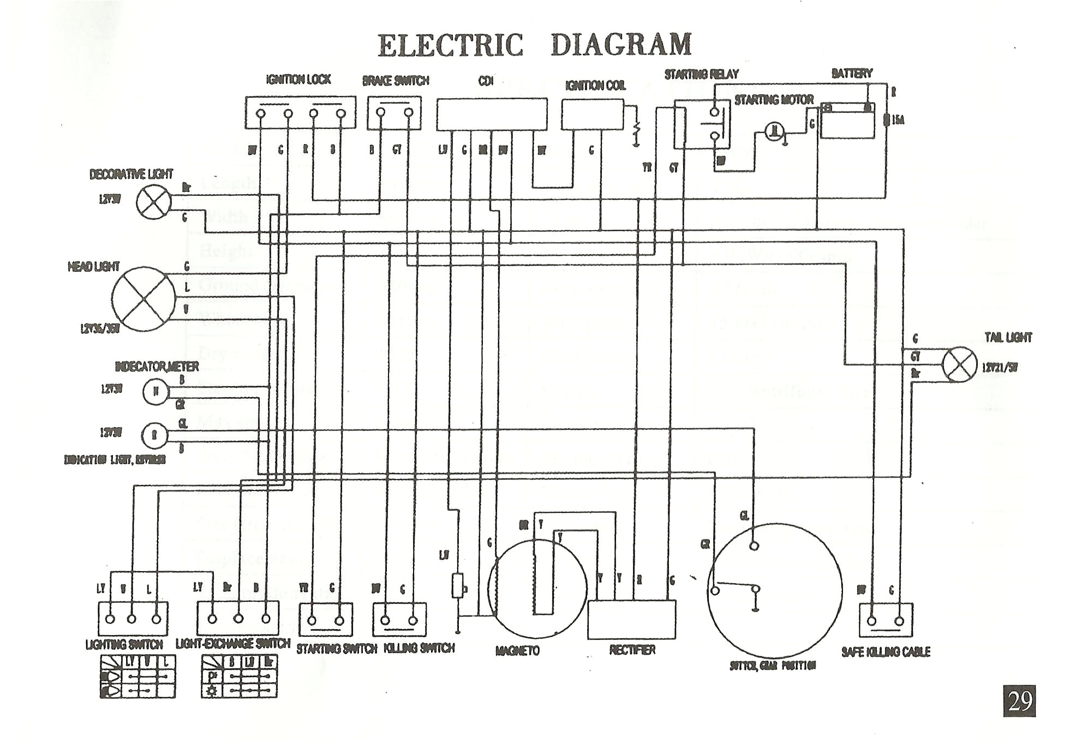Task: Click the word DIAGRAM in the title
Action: pyautogui.click(x=621, y=45)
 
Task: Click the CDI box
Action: pyautogui.click(x=491, y=114)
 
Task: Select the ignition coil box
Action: pyautogui.click(x=592, y=115)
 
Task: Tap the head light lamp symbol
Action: pyautogui.click(x=144, y=299)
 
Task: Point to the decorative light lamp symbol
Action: pyautogui.click(x=153, y=202)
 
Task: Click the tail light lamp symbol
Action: pyautogui.click(x=959, y=364)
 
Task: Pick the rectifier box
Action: pyautogui.click(x=631, y=619)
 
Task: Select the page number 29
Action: pyautogui.click(x=1019, y=701)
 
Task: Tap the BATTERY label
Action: pyautogui.click(x=851, y=73)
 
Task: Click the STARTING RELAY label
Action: pyautogui.click(x=701, y=74)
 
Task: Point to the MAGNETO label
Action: pyautogui.click(x=517, y=651)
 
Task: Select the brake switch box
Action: pyautogui.click(x=394, y=113)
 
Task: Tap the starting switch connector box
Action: pyautogui.click(x=325, y=620)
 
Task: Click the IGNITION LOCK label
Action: pyautogui.click(x=298, y=80)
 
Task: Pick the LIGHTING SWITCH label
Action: pyautogui.click(x=124, y=644)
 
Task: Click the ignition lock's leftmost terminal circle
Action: pyautogui.click(x=261, y=113)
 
